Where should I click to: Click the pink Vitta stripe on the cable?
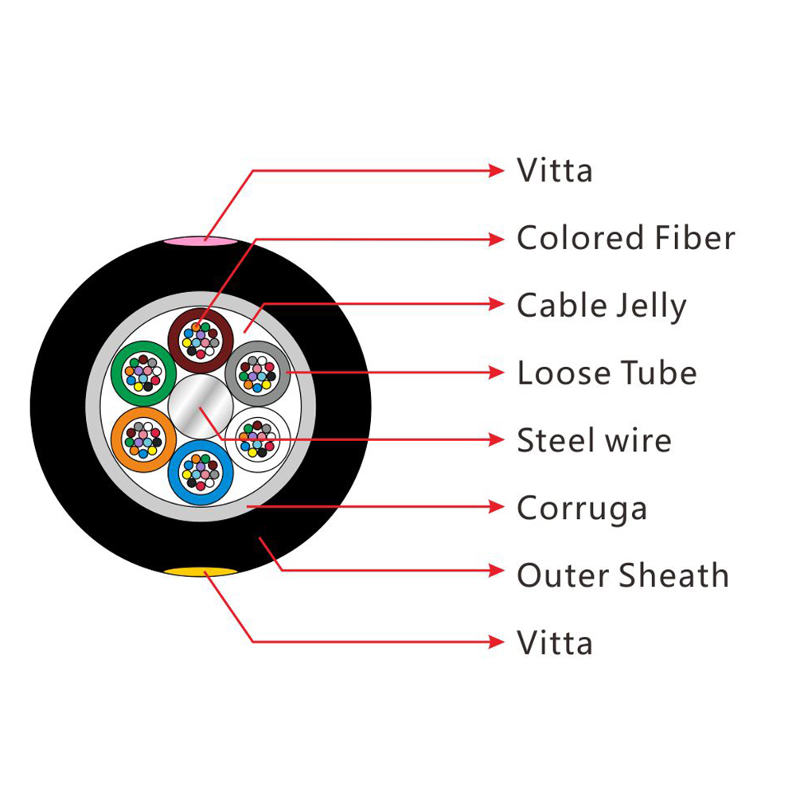200,240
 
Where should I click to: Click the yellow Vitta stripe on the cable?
200,572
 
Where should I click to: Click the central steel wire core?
201,407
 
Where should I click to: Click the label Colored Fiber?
626,237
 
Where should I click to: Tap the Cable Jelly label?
602,306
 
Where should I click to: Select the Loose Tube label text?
607,373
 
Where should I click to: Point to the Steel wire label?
594,440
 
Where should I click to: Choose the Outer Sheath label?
623,576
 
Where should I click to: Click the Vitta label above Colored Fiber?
555,170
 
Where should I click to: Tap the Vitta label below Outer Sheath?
555,642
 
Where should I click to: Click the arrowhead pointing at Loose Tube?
496,373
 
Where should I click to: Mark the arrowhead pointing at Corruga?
496,506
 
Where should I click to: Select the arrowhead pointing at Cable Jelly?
496,304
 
